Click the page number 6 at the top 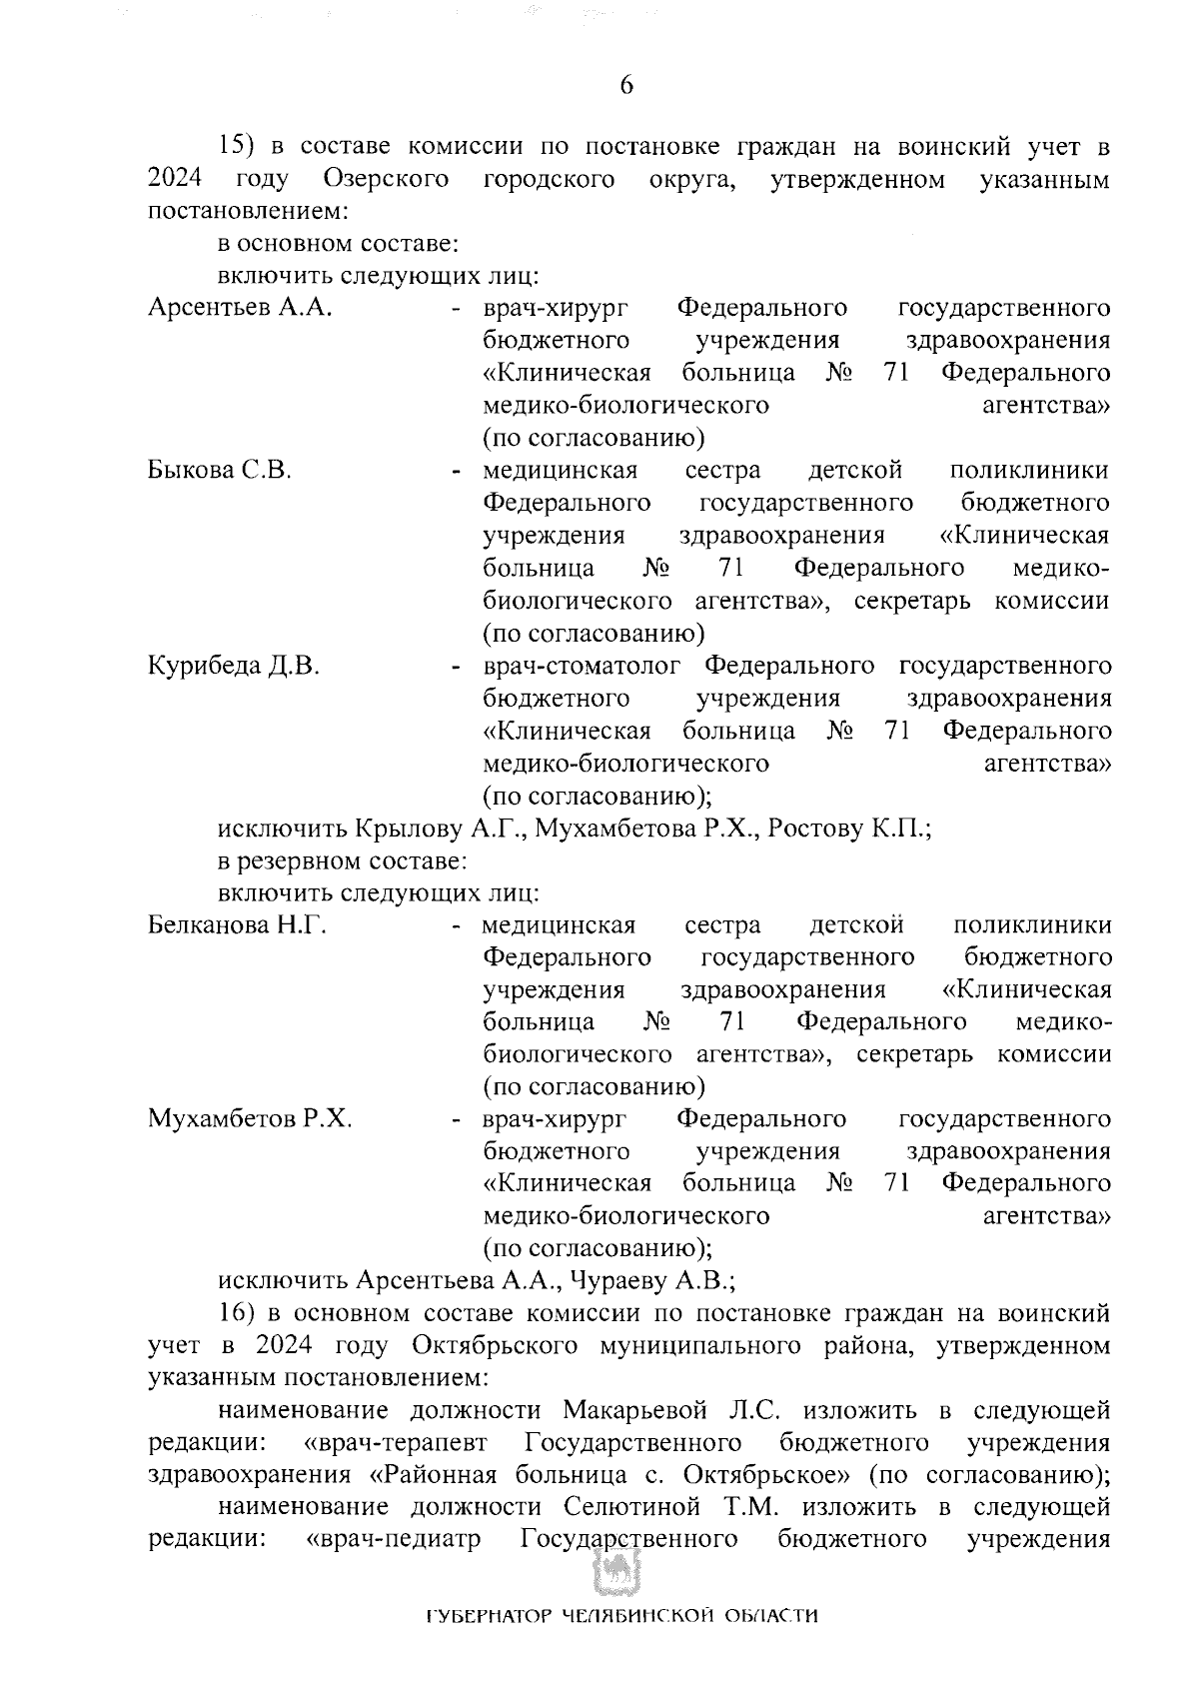coord(626,86)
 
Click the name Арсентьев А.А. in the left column coord(240,308)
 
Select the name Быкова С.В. coord(220,471)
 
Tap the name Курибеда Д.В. coord(234,667)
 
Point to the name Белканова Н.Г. coord(238,925)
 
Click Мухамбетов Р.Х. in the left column coord(250,1119)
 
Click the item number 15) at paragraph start coord(239,148)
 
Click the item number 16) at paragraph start coord(239,1313)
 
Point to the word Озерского coord(386,181)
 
